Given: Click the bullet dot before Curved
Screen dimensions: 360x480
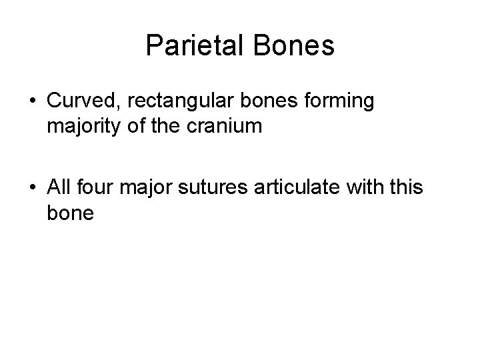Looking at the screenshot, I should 33,101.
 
